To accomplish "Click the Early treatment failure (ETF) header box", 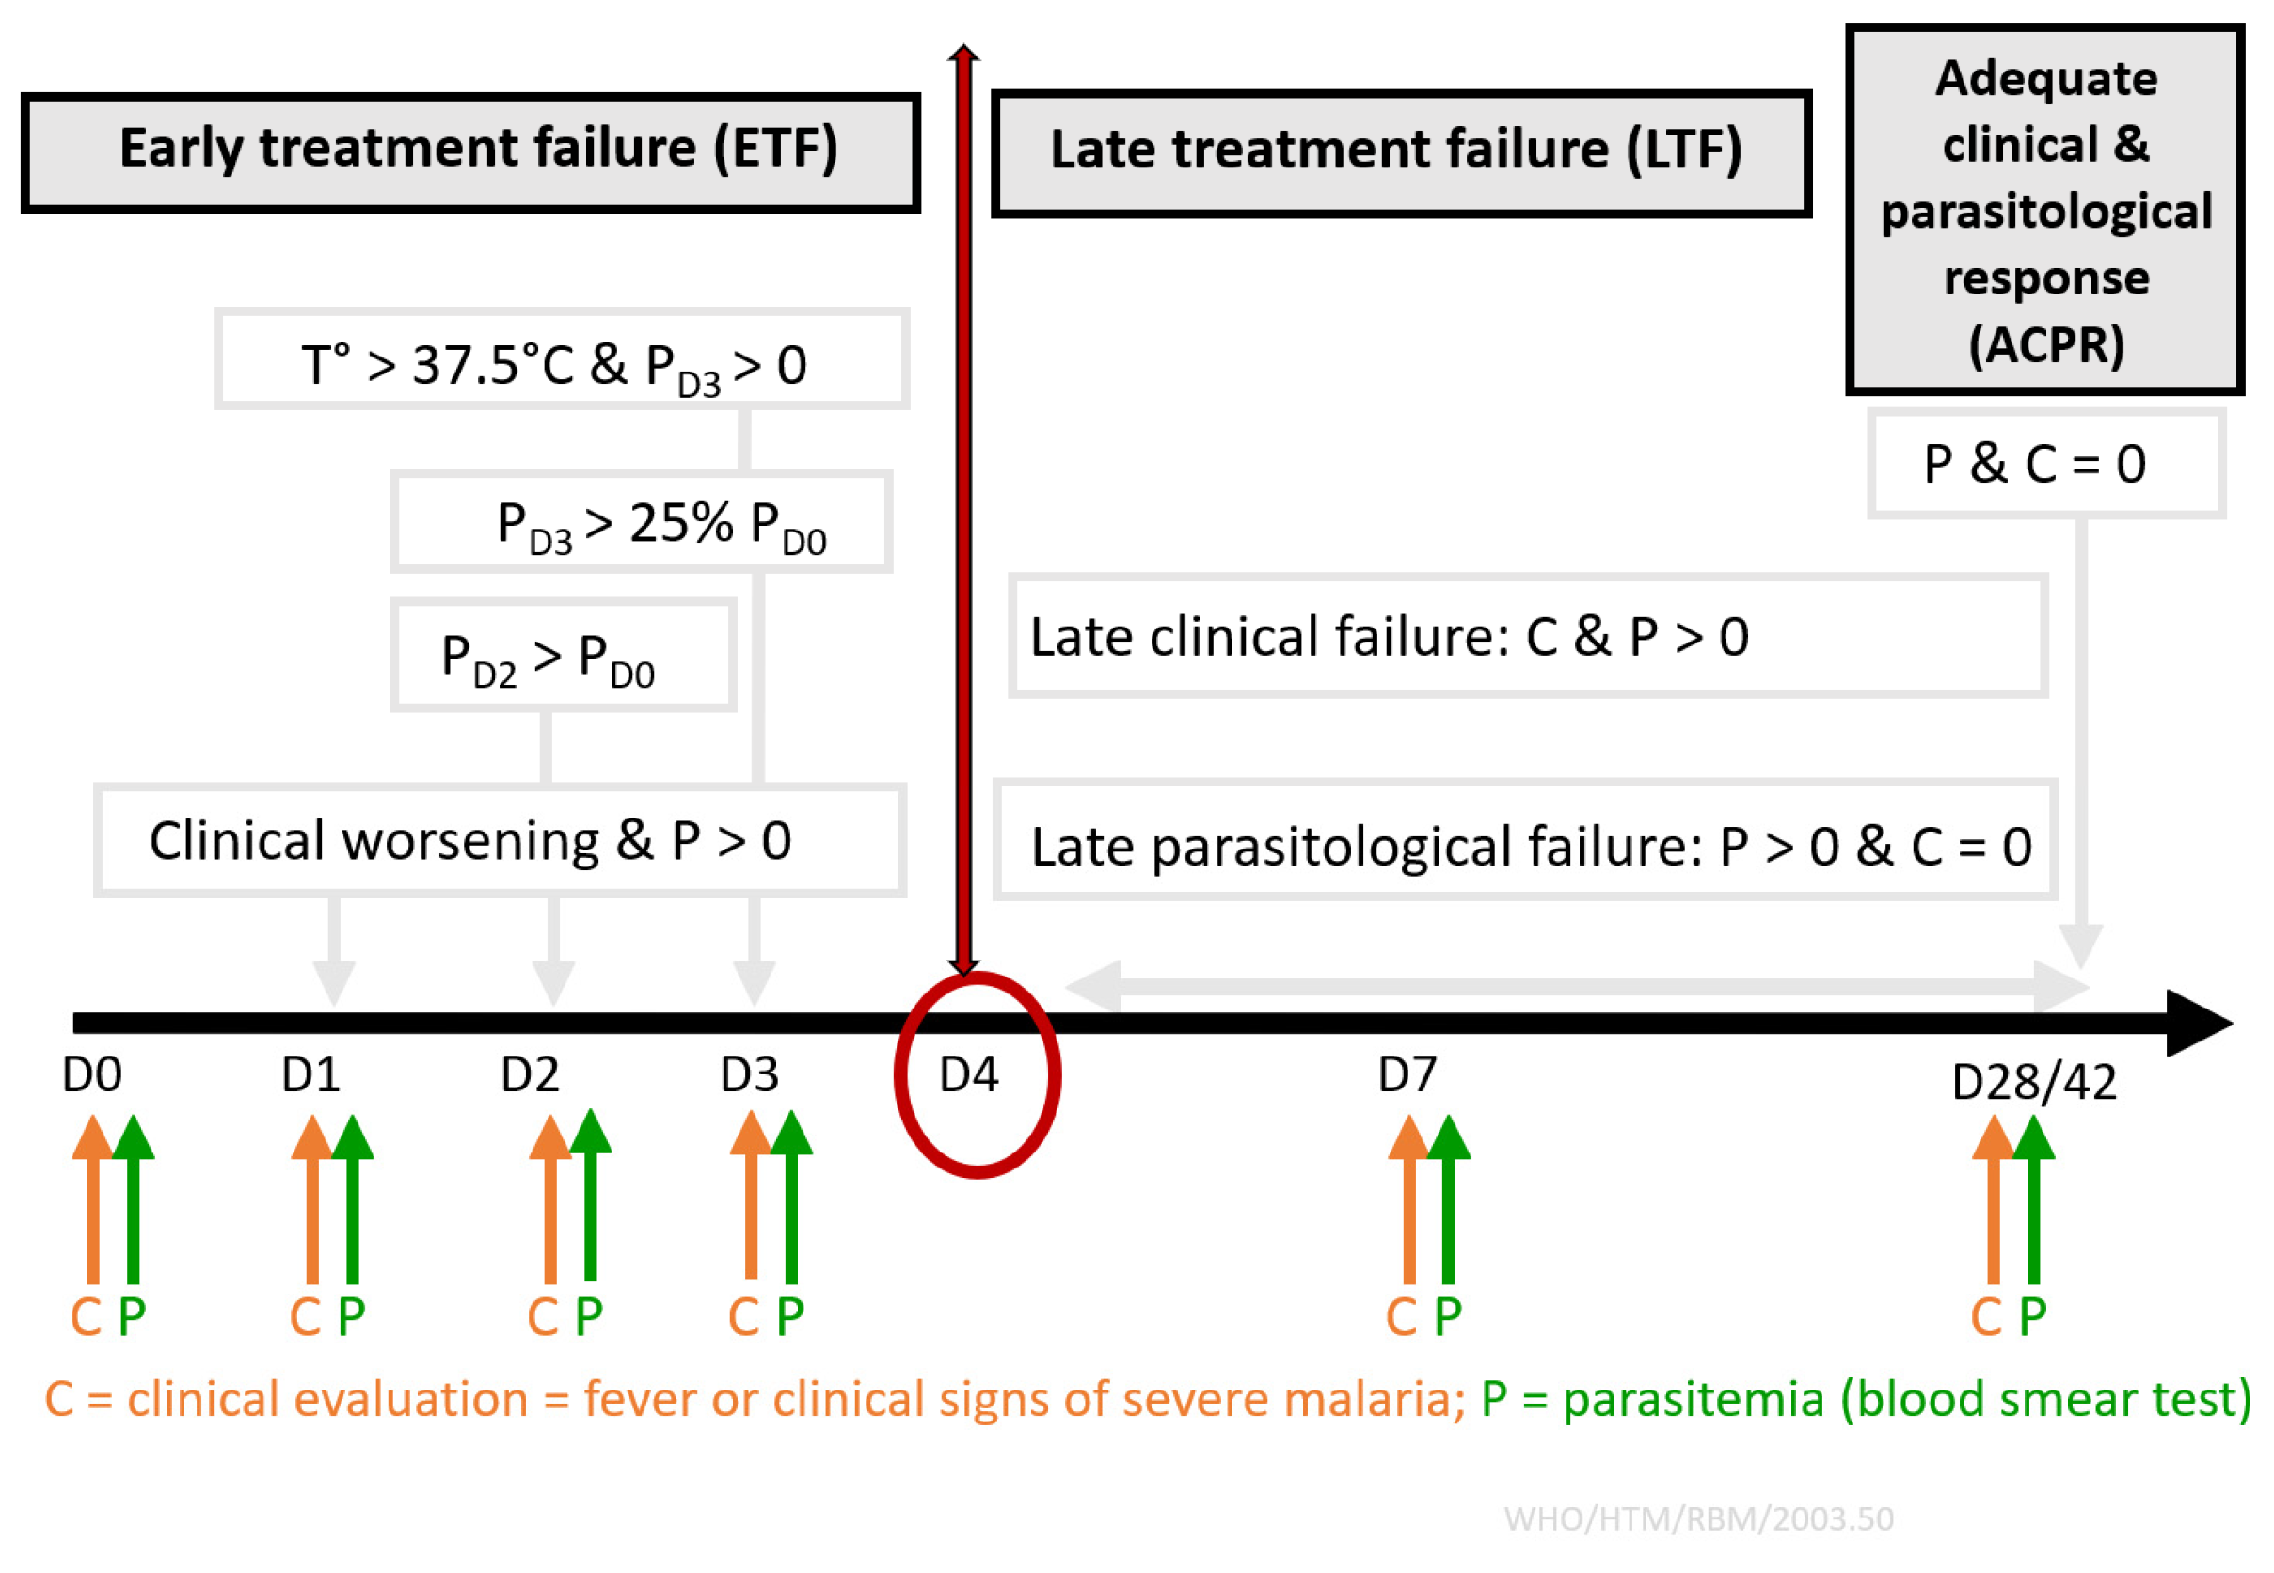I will (470, 151).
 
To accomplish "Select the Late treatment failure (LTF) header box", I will (1400, 153).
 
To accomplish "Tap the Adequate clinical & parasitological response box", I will (2044, 209).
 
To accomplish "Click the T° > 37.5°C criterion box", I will (561, 358).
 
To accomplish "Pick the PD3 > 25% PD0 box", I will (641, 521).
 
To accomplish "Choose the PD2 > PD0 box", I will (563, 655).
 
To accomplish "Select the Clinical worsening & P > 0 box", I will (500, 840).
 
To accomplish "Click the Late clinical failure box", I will (1527, 636).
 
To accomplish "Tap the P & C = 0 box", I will (2045, 463).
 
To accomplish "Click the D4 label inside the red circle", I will (969, 1074).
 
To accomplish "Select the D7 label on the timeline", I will (1407, 1074).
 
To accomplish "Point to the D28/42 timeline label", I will (2033, 1082).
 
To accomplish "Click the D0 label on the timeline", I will (91, 1074).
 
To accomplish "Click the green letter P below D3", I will (790, 1316).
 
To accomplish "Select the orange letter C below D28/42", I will (1985, 1316).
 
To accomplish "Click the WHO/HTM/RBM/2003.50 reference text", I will (1698, 1518).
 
